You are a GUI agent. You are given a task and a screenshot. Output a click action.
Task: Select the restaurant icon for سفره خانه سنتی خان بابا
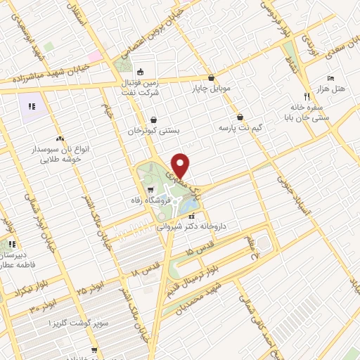coord(307,96)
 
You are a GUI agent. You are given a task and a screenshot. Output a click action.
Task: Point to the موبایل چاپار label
coord(211,89)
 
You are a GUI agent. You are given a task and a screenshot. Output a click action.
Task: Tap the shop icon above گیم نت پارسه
coord(241,117)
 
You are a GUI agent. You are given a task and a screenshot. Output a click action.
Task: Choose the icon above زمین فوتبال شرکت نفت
coord(140,71)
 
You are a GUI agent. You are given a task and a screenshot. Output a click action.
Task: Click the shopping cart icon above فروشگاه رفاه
coord(150,190)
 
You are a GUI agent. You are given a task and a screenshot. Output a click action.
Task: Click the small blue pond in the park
coord(188,206)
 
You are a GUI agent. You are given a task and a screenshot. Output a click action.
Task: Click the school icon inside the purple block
coord(32,108)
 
